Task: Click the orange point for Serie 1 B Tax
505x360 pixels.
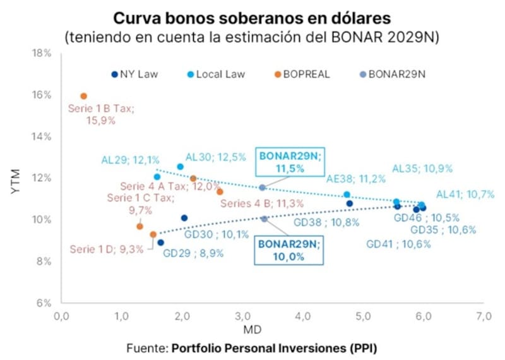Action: pos(83,96)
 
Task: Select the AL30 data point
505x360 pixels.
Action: pos(180,167)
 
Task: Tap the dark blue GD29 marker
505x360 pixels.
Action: pos(160,243)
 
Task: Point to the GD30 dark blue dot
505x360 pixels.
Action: pos(184,218)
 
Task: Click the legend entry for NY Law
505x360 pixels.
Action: pos(134,74)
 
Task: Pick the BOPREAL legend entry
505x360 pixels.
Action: pos(300,74)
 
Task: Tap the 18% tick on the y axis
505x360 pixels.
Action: pos(42,53)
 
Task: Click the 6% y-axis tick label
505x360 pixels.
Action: pos(43,303)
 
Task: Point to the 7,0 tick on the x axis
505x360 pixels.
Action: pos(484,315)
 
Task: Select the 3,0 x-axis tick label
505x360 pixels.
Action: pos(242,315)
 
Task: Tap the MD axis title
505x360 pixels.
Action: pos(272,330)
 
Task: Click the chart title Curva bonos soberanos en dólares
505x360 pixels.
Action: pos(252,17)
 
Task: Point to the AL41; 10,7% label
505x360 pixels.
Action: pos(465,195)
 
